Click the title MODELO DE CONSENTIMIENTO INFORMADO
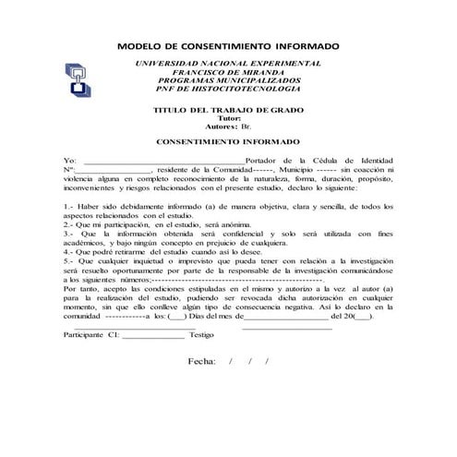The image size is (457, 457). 229,45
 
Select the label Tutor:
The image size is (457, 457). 227,119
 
